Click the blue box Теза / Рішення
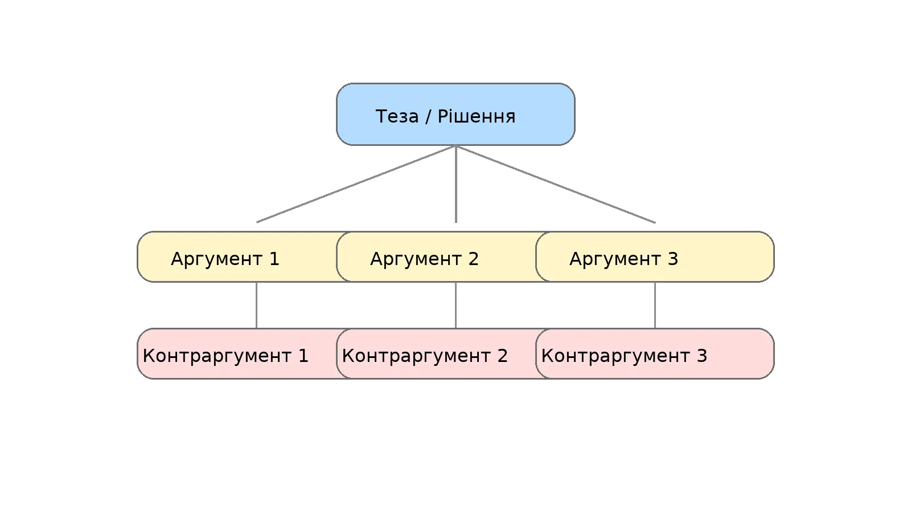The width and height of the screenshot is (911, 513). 455,114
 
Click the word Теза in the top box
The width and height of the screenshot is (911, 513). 397,116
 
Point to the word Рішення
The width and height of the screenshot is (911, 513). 477,116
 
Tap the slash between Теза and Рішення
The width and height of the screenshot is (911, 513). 428,116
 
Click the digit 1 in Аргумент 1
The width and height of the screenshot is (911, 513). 274,259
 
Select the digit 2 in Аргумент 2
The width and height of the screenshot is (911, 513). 474,259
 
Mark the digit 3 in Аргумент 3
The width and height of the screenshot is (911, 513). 673,259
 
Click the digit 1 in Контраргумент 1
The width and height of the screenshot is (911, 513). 303,356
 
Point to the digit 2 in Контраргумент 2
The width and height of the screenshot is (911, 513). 503,356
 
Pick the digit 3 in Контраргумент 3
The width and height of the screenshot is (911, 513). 702,356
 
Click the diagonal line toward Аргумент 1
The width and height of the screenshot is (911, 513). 356,184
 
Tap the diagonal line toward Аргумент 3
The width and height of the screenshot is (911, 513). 556,184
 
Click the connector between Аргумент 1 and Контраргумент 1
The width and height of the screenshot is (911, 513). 256,305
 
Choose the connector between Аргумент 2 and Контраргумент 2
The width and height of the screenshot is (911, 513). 455,305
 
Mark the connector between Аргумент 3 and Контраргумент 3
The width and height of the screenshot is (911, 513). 655,305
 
